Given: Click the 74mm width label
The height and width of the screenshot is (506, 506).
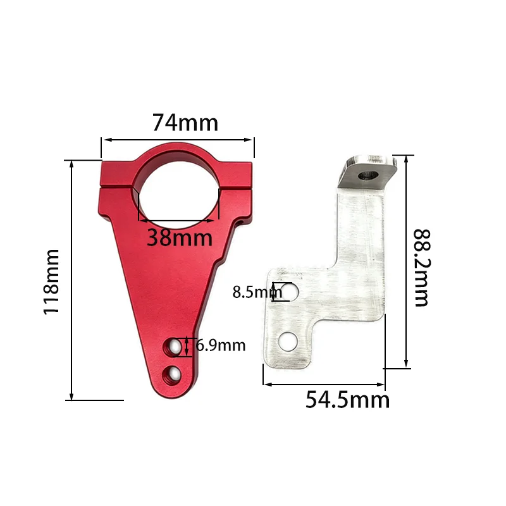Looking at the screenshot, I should pos(185,122).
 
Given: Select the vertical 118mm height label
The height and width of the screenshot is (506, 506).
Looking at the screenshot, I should pos(51,281).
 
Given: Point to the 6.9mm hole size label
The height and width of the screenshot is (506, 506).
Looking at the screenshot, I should pos(220,345).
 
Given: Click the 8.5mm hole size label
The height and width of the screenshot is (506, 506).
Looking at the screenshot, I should pos(257,292).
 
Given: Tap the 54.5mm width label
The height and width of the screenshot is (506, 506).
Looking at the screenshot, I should pos(347,400).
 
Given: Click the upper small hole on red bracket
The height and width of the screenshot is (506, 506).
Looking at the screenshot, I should pos(173,346).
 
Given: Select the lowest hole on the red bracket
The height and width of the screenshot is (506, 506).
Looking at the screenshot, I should pos(171,374).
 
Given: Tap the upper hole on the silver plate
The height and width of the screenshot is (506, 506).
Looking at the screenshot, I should pos(291,291).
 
